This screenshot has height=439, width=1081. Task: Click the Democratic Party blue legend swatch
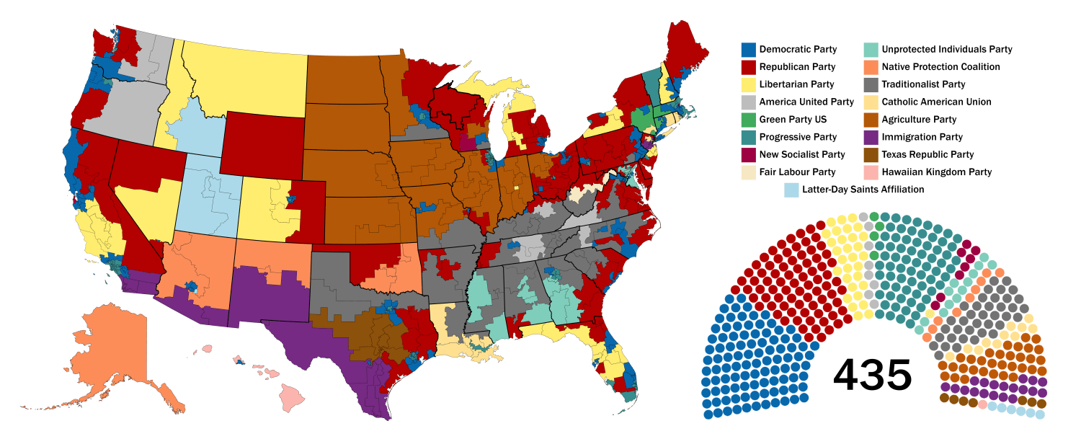[x=749, y=50]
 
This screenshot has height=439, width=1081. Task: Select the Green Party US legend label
[x=793, y=120]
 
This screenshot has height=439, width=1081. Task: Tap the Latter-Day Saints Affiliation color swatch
[x=791, y=190]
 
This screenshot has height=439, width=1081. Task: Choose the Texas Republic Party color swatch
[x=871, y=155]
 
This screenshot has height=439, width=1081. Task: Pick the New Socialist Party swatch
[x=749, y=155]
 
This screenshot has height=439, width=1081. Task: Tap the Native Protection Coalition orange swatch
[x=871, y=67]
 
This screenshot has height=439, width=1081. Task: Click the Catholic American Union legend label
[x=936, y=102]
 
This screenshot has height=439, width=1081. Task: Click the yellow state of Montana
[x=245, y=79]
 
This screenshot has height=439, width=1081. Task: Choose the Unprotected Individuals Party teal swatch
[x=871, y=50]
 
